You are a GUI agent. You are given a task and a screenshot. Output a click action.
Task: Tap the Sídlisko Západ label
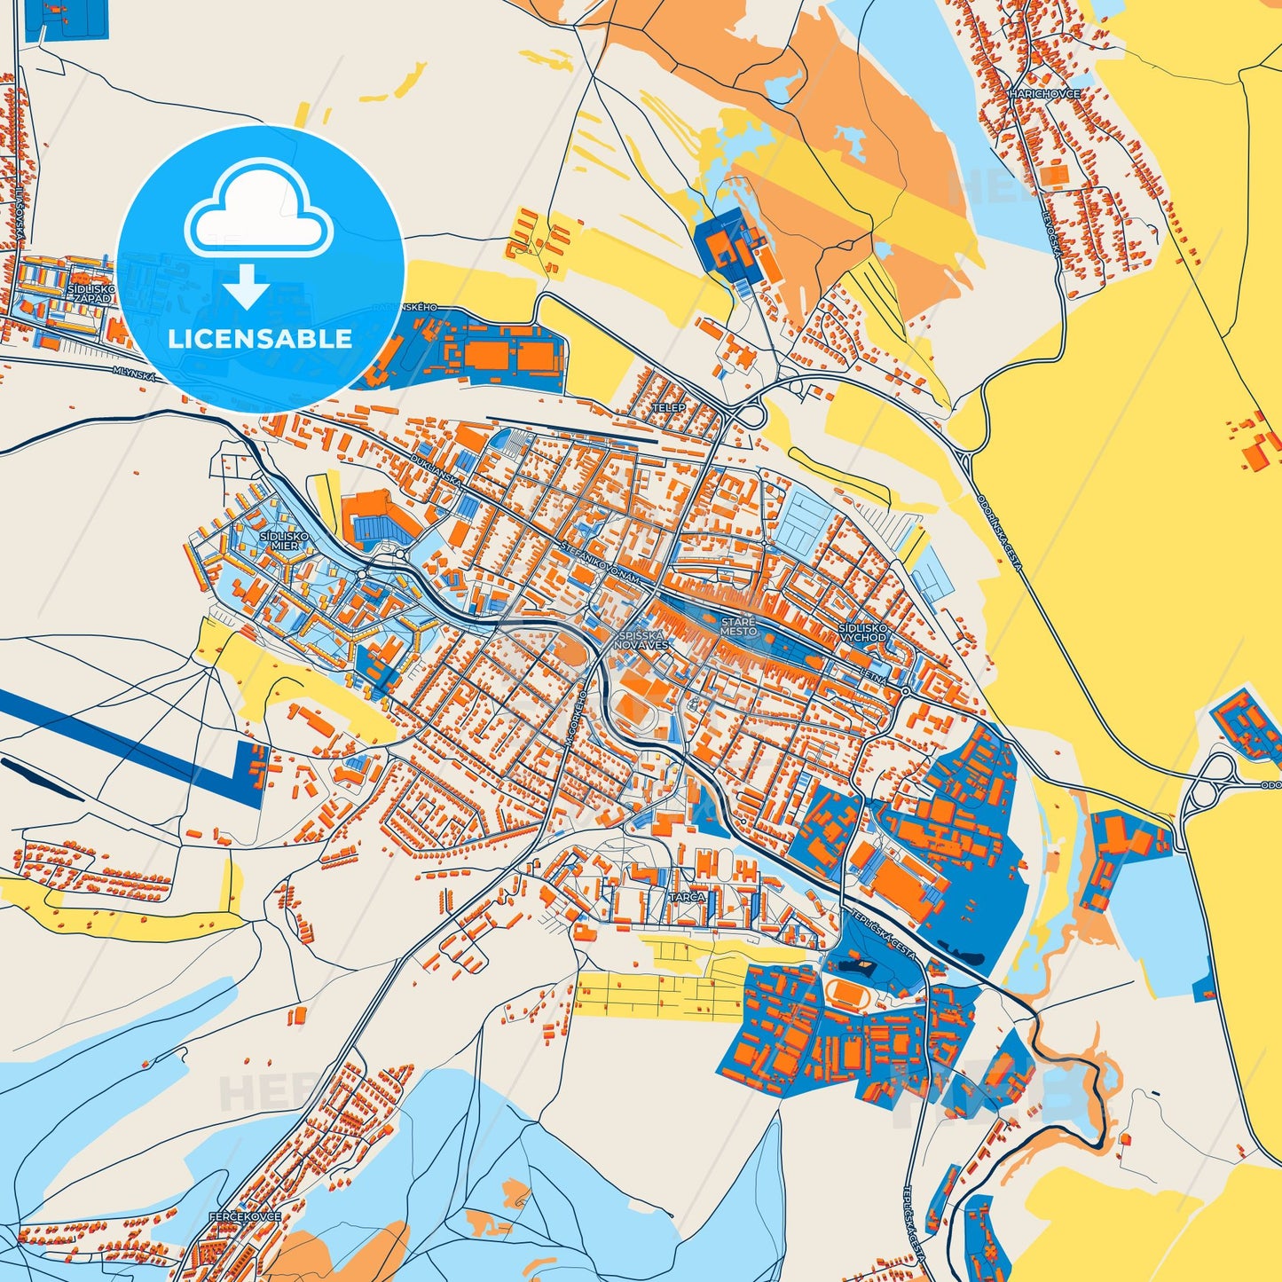coord(92,294)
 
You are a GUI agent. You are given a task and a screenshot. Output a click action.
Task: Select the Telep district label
coord(669,407)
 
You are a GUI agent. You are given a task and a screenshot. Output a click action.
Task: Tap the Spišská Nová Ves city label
coord(642,641)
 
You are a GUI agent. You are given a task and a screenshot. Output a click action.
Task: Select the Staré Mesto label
coord(738,626)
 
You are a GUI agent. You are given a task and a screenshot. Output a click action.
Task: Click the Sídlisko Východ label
coord(862,633)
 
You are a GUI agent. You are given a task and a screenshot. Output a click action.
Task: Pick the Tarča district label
coord(687,897)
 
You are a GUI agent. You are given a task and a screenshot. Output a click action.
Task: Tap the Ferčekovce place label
coord(245,1215)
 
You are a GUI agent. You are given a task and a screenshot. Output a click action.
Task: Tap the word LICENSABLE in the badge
coord(260,338)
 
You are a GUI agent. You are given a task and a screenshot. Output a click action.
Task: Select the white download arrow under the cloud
coord(248,286)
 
